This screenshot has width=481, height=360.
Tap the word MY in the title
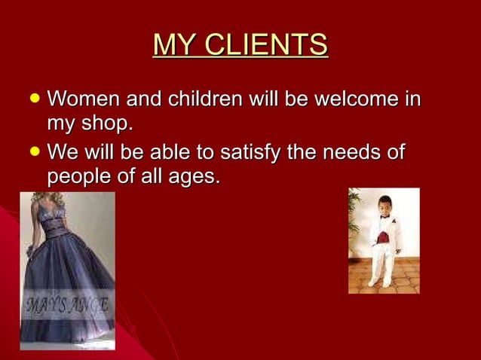click(172, 44)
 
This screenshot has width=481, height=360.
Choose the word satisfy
click(250, 154)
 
